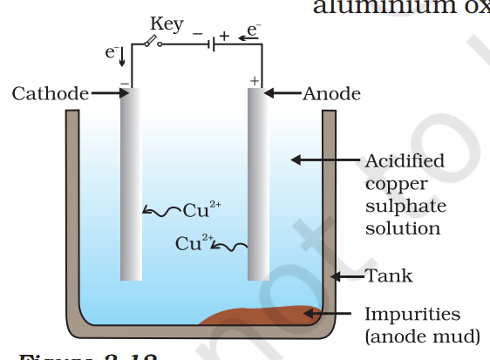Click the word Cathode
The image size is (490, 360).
50,93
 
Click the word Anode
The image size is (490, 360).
331,93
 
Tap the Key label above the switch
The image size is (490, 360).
166,24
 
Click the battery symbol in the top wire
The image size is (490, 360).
210,42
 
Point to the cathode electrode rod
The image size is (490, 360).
131,183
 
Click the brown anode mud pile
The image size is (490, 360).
262,316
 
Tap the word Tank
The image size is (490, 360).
389,276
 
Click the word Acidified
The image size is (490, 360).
404,161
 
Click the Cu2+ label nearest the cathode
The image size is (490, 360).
201,209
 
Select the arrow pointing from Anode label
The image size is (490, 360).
283,93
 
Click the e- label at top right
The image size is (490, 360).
253,31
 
